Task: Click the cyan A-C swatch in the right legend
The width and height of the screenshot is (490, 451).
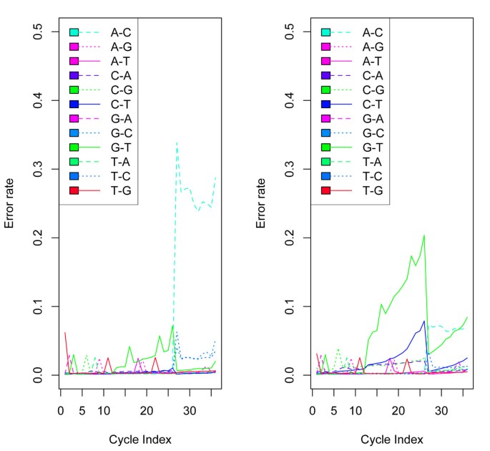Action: [x=325, y=32]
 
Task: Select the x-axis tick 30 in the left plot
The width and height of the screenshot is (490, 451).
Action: [x=190, y=411]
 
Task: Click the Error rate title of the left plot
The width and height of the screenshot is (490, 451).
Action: [x=10, y=204]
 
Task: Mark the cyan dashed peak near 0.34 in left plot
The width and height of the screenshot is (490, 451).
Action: [x=177, y=142]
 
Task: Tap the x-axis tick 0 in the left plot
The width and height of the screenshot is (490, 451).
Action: [x=61, y=411]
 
